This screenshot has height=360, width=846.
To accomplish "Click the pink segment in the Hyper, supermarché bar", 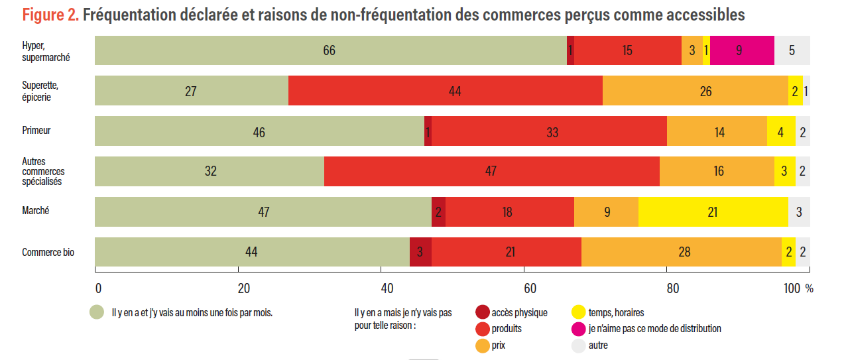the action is [x=742, y=50].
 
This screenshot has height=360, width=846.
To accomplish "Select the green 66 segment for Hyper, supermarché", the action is [x=331, y=50].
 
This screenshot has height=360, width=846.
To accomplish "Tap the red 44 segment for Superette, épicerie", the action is [x=446, y=91].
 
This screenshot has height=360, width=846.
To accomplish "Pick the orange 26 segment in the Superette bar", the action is [x=695, y=91].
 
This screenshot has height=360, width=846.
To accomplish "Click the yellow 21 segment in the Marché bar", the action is [x=713, y=212].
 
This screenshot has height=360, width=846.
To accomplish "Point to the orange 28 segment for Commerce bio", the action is [x=682, y=252].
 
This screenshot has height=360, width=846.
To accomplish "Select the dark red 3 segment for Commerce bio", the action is [x=421, y=252].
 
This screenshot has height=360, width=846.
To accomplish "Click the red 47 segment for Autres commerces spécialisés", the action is [x=492, y=171].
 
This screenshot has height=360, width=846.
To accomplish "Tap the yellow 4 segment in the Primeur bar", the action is [x=781, y=131].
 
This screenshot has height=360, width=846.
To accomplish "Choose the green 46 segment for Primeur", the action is [x=259, y=131].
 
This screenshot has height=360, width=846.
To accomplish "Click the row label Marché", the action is [x=36, y=210].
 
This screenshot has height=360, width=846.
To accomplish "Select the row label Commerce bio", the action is [x=48, y=252].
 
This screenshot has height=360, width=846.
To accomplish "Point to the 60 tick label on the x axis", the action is [x=530, y=288].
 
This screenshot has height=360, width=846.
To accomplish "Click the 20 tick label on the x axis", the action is [x=243, y=288].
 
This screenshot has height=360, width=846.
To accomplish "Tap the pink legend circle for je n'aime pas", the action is [x=579, y=329].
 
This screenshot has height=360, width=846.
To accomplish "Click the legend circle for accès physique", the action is [x=483, y=312].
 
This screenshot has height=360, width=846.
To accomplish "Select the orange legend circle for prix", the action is [x=483, y=345].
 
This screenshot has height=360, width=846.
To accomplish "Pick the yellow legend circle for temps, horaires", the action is [x=579, y=312].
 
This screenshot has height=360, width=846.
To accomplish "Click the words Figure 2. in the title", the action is [x=50, y=15].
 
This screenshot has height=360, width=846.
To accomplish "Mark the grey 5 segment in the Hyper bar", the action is [x=792, y=50].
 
